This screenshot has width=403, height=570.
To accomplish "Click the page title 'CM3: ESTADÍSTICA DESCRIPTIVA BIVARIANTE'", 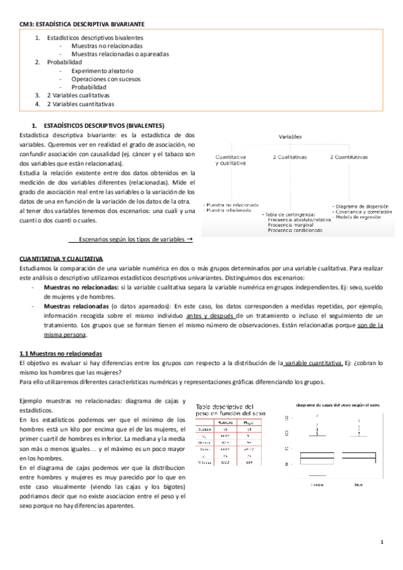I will [x=81, y=24].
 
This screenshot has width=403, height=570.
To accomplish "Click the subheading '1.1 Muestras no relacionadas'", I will [x=60, y=353].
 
